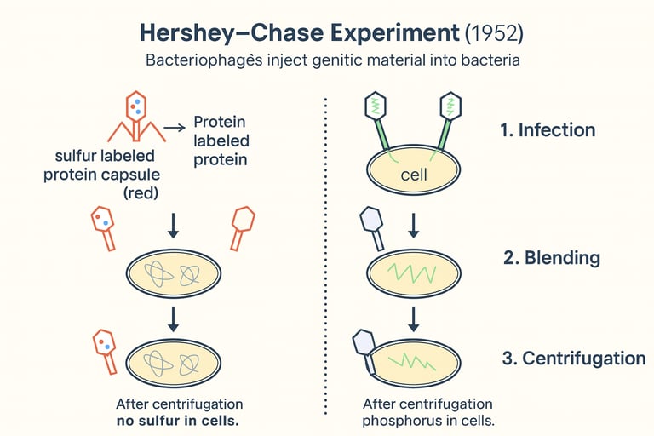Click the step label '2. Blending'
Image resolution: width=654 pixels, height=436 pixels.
[x=552, y=258]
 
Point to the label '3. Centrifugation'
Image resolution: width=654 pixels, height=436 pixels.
[x=573, y=358]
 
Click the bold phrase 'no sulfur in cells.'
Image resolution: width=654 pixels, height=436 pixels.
[x=180, y=421]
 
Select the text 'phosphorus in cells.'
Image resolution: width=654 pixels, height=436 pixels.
[x=428, y=421]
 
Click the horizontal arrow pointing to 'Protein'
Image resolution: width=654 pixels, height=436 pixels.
[x=174, y=128]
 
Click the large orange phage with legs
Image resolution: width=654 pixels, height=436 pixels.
[x=136, y=117]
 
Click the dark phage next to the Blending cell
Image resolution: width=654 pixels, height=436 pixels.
[x=374, y=228]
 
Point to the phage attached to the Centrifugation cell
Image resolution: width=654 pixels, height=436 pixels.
[x=365, y=349]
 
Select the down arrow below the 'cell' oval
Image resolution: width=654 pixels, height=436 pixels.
[x=413, y=225]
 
